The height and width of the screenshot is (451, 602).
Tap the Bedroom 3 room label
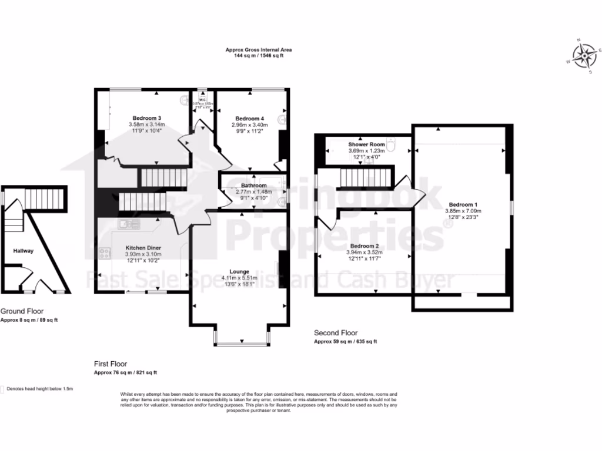[146, 118]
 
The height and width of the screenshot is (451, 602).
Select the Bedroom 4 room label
[250, 118]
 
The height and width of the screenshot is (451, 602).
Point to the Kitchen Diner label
[143, 248]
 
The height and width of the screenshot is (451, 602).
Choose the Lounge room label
[239, 271]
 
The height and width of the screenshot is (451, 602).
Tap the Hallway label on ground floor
[24, 251]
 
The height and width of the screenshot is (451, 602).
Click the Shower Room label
[366, 144]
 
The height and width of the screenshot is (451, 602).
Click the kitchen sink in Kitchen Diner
[128, 224]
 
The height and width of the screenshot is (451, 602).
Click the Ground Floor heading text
[22, 311]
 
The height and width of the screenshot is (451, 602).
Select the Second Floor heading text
[335, 332]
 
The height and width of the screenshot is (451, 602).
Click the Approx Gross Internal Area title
[259, 50]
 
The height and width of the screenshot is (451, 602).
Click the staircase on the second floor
[366, 177]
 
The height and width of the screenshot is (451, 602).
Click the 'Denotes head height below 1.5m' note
[39, 389]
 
